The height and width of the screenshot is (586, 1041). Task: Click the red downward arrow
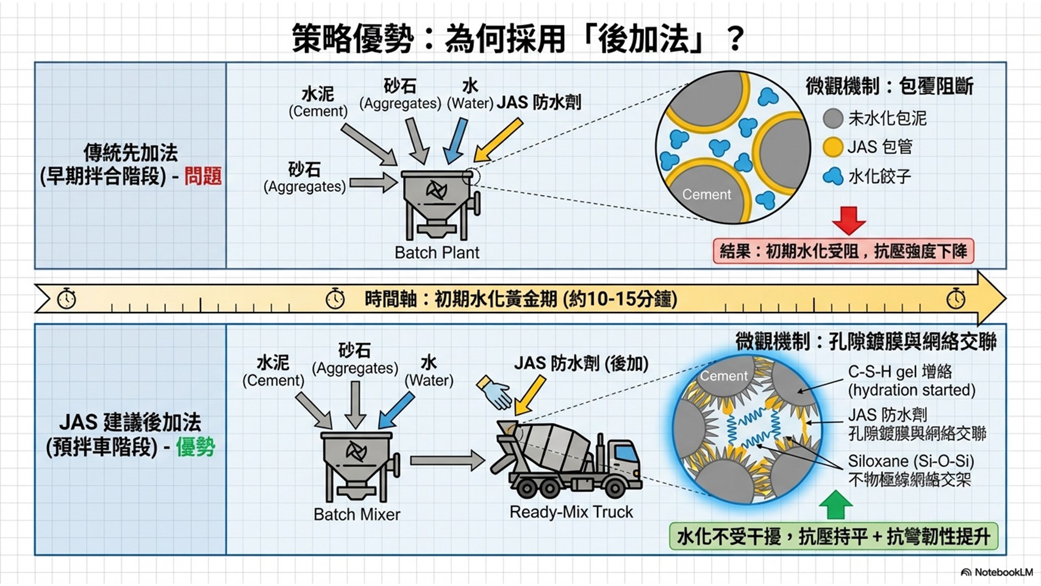coord(848,220)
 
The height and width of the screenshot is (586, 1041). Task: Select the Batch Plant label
coord(437,253)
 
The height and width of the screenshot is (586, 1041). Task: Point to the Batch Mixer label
coord(357,515)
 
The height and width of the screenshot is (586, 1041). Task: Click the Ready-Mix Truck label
coord(571,512)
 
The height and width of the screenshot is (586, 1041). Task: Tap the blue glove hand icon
coord(495,392)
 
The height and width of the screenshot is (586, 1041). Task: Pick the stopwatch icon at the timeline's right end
coord(956,298)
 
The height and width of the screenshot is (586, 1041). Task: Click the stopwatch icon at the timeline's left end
coord(66,299)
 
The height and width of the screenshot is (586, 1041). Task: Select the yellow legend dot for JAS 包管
coord(832,147)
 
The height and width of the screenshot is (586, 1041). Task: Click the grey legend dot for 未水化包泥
coord(832,118)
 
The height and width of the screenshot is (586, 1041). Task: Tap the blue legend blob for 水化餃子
coord(833,177)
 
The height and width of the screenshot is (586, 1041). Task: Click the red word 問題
coord(203,176)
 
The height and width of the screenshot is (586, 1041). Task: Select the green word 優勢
coord(196,447)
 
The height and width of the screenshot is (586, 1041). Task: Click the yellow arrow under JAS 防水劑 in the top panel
coord(498,140)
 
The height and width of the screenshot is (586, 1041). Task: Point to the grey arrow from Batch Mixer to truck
coord(446,460)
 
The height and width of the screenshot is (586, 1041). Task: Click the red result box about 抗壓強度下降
coord(843,251)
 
